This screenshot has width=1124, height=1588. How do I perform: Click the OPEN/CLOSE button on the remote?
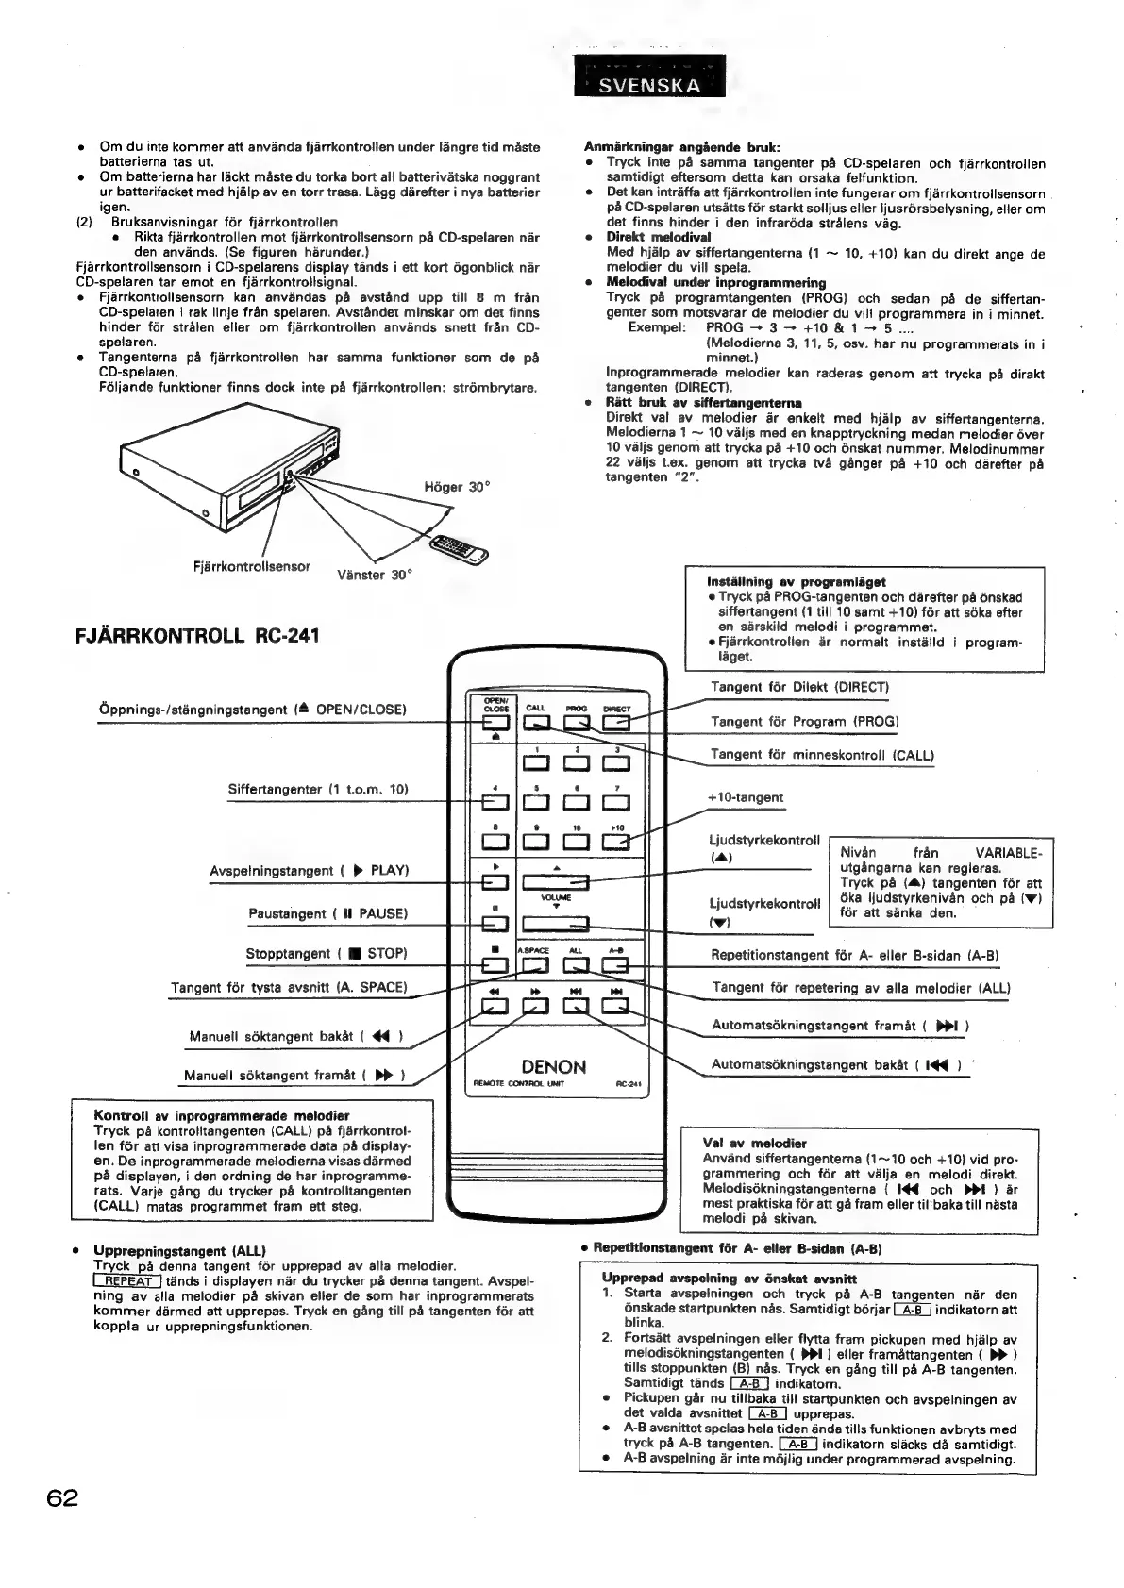(495, 724)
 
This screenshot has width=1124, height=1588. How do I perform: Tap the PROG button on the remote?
(576, 724)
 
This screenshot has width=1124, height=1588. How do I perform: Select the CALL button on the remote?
(535, 724)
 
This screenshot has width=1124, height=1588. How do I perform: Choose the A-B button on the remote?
(616, 964)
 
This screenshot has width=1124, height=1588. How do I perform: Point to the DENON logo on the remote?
(554, 1067)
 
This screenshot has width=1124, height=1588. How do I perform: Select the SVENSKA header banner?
(650, 86)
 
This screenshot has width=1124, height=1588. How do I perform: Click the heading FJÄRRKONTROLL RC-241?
(197, 636)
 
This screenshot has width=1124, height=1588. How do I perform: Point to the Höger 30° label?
(458, 487)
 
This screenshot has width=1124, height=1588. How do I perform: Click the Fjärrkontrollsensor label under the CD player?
(251, 566)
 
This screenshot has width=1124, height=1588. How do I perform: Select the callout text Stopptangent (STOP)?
(327, 954)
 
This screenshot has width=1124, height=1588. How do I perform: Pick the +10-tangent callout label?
(746, 797)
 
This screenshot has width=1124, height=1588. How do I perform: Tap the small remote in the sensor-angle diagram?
(457, 546)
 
